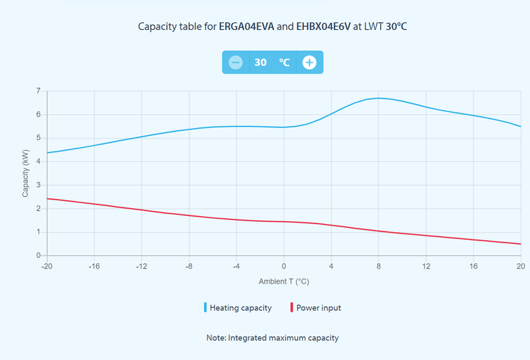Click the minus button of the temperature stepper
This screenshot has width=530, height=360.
235,62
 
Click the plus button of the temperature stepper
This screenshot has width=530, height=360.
309,62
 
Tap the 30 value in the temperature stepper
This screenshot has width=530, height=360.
261,62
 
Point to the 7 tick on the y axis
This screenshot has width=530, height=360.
38,91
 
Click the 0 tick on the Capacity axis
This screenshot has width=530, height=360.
38,256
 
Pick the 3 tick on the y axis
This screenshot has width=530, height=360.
38,185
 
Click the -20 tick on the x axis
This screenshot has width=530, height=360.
46,267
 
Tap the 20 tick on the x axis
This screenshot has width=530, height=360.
521,267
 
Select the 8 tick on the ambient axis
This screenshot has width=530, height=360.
378,267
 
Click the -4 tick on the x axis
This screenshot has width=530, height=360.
236,267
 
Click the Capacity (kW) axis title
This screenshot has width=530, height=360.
26,173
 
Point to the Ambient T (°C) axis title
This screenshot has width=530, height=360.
284,281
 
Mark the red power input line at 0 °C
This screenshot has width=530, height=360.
284,221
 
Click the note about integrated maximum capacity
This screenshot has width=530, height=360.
272,337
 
